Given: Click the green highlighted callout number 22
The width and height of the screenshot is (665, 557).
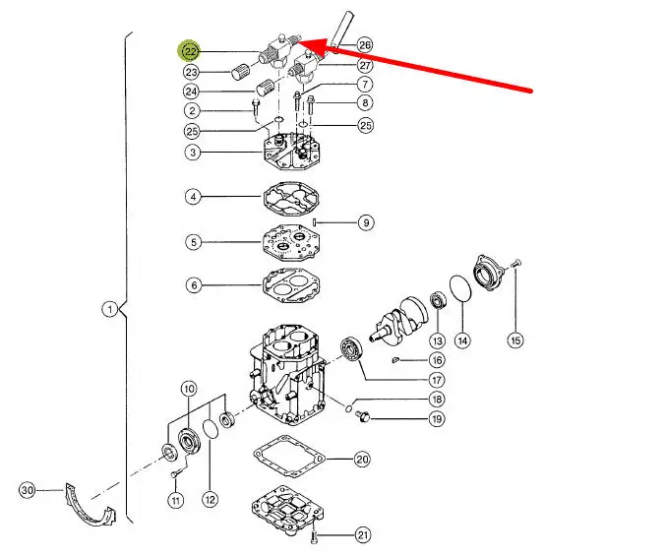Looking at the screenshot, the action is coord(190,52).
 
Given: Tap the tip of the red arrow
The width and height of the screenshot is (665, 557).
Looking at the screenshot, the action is coord(299,40).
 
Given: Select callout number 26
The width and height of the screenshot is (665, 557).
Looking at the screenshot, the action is coord(364,45).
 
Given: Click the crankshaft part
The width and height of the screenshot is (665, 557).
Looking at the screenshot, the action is coord(398,318).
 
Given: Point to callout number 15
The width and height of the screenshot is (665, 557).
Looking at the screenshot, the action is coord(515,340).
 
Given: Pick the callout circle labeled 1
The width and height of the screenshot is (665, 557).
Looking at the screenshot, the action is coord(110,309).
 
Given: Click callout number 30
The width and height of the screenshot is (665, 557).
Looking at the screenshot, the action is coord(28,490).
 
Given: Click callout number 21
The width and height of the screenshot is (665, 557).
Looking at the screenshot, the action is coord(363,535).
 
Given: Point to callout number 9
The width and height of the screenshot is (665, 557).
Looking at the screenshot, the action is coord(366,222).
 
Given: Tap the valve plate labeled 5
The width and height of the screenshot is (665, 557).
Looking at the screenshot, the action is coord(290,242).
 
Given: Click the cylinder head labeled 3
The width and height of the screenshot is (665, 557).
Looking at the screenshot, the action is coord(290,151).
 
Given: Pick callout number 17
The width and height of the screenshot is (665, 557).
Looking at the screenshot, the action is coord(437,380).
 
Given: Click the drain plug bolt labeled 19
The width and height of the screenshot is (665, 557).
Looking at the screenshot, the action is coord(363,416).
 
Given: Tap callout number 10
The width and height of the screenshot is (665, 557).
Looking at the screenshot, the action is coord(189,389).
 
